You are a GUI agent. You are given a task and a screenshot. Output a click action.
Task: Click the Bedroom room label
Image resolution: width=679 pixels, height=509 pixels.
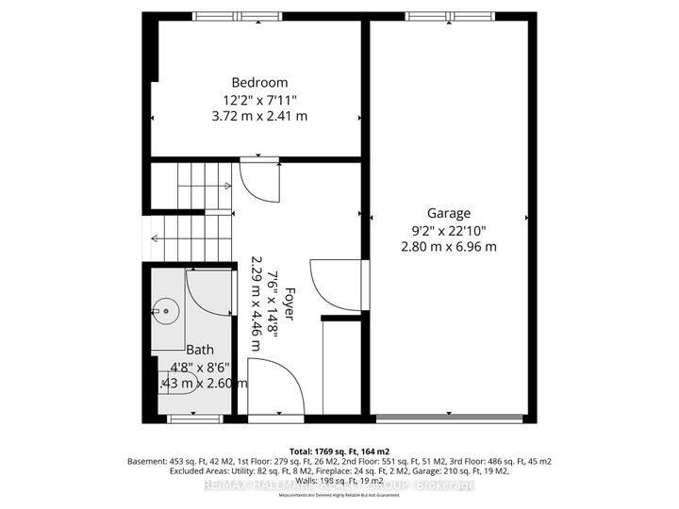pos(256,82)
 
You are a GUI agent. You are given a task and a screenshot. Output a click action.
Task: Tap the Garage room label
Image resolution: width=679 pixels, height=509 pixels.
pos(447,213)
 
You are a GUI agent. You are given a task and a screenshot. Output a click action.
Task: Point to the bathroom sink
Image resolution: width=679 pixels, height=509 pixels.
pos(166,309)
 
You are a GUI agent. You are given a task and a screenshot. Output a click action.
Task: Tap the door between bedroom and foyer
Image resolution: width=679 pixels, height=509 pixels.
pos(255,177)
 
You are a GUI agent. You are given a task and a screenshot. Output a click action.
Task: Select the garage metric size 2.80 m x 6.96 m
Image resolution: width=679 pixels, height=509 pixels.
pos(447,247)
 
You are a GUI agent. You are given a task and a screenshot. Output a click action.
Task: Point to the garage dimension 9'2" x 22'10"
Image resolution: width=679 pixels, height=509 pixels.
pos(447,230)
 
